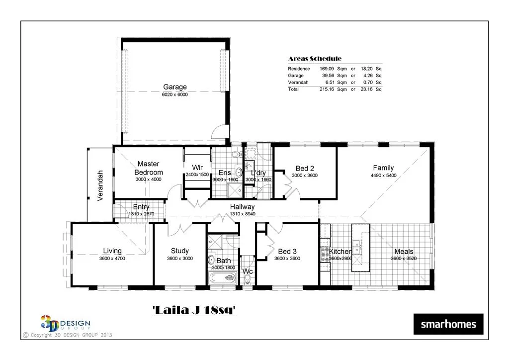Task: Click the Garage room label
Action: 175,87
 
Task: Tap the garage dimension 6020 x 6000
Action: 175,94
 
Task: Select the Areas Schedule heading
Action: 315,59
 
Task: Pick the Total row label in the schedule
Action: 293,90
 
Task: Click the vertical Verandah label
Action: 100,185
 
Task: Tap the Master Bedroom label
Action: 148,168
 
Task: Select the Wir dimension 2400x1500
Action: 197,175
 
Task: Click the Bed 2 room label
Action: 305,168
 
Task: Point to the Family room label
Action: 383,168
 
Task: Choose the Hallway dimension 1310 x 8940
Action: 242,214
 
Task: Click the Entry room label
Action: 141,207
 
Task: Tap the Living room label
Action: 112,251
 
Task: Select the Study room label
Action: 179,251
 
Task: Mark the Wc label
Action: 247,272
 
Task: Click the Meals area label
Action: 404,252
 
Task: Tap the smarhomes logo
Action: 448,325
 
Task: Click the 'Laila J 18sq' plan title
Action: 193,311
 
